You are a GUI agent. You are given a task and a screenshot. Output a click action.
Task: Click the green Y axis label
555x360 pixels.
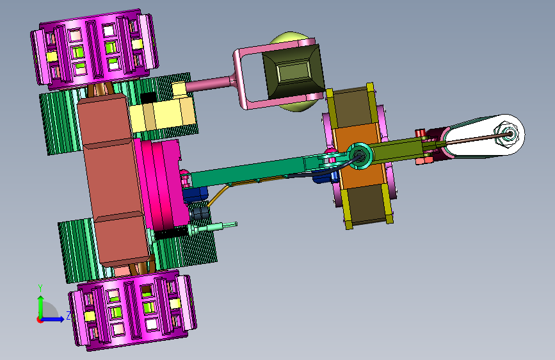[x=40, y=288]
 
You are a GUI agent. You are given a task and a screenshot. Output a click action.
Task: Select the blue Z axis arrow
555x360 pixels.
[x=53, y=319]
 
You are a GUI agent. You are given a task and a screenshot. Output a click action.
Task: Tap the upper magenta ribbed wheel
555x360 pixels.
[x=94, y=49]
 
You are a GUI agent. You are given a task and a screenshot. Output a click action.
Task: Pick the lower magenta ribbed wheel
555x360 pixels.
[x=133, y=309]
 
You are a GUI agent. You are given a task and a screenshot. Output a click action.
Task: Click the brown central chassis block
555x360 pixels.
[x=113, y=181]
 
